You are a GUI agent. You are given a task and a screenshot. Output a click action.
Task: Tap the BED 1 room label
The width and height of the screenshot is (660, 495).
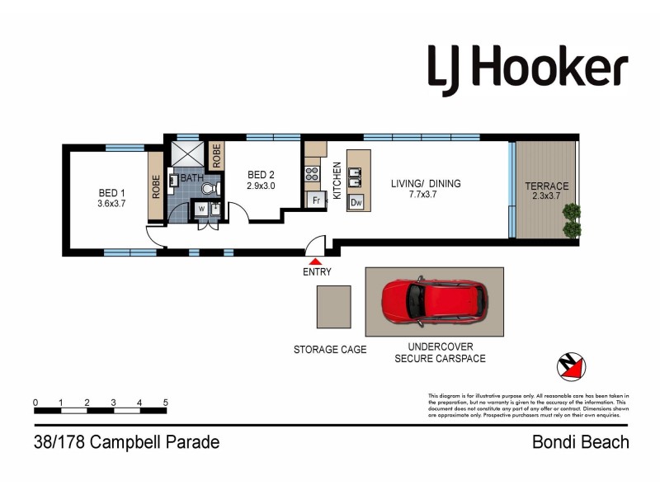[x=111, y=198]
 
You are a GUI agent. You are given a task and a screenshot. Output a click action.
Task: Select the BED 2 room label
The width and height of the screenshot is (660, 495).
[x=261, y=180]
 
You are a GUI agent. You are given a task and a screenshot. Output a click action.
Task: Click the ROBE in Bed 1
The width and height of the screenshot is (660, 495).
[x=156, y=187]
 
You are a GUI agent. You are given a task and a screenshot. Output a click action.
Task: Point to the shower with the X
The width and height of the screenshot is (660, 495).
[x=186, y=155]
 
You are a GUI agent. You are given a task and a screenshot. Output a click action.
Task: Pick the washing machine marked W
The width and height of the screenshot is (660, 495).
[x=201, y=210]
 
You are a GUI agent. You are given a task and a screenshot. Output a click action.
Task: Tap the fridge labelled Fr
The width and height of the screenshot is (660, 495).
[x=314, y=200]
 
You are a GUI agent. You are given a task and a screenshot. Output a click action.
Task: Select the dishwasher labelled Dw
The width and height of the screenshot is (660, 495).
[x=356, y=202]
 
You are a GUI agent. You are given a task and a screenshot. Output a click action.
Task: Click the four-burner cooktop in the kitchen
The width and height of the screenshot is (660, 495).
[x=313, y=174]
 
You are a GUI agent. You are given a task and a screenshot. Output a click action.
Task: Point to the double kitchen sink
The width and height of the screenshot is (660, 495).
[x=356, y=177]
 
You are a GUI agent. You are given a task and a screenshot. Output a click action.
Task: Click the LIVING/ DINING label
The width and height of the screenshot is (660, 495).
[x=426, y=190]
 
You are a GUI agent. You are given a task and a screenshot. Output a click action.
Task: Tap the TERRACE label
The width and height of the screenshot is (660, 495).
[x=546, y=191]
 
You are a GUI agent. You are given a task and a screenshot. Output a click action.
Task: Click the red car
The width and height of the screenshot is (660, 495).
[x=432, y=303]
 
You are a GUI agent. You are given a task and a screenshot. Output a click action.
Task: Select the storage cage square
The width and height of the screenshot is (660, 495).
[x=335, y=307]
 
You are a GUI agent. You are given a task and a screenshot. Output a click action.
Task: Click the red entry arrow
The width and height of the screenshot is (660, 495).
[x=317, y=261]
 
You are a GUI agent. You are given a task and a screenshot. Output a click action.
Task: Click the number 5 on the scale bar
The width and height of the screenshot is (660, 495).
[x=166, y=403]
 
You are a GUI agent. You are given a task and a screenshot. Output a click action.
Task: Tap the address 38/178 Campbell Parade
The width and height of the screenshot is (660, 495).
[x=125, y=442]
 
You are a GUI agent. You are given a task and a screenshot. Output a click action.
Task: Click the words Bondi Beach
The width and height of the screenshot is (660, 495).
[x=581, y=442]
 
